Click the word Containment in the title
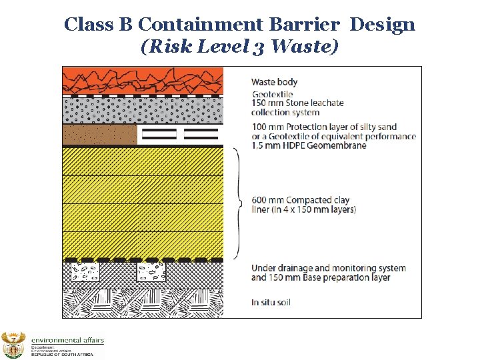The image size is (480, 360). [x=201, y=25]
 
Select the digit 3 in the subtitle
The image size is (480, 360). [x=257, y=47]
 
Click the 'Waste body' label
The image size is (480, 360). [x=274, y=82]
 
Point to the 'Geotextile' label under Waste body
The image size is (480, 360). [x=272, y=95]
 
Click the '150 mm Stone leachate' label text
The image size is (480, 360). [x=297, y=103]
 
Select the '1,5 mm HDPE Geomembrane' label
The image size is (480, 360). [x=309, y=145]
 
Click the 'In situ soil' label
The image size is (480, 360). [x=271, y=303]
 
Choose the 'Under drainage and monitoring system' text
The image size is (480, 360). [x=328, y=268]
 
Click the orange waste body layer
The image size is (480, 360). [x=143, y=79]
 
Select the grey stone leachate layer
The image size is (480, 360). [x=143, y=110]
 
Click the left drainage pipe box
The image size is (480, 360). [x=85, y=272]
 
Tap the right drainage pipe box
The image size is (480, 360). [x=151, y=272]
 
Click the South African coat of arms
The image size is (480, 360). [x=13, y=345]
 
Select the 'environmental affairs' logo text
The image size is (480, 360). [x=67, y=341]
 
